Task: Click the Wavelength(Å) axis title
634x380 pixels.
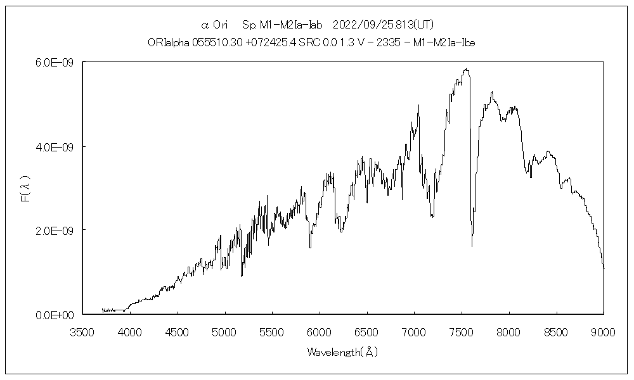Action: click(342, 351)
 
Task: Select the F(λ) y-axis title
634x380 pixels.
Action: click(26, 189)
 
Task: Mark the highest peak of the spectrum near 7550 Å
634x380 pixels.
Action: click(466, 69)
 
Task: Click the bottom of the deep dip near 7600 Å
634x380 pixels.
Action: click(472, 246)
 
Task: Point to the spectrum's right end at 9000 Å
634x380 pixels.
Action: click(604, 269)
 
